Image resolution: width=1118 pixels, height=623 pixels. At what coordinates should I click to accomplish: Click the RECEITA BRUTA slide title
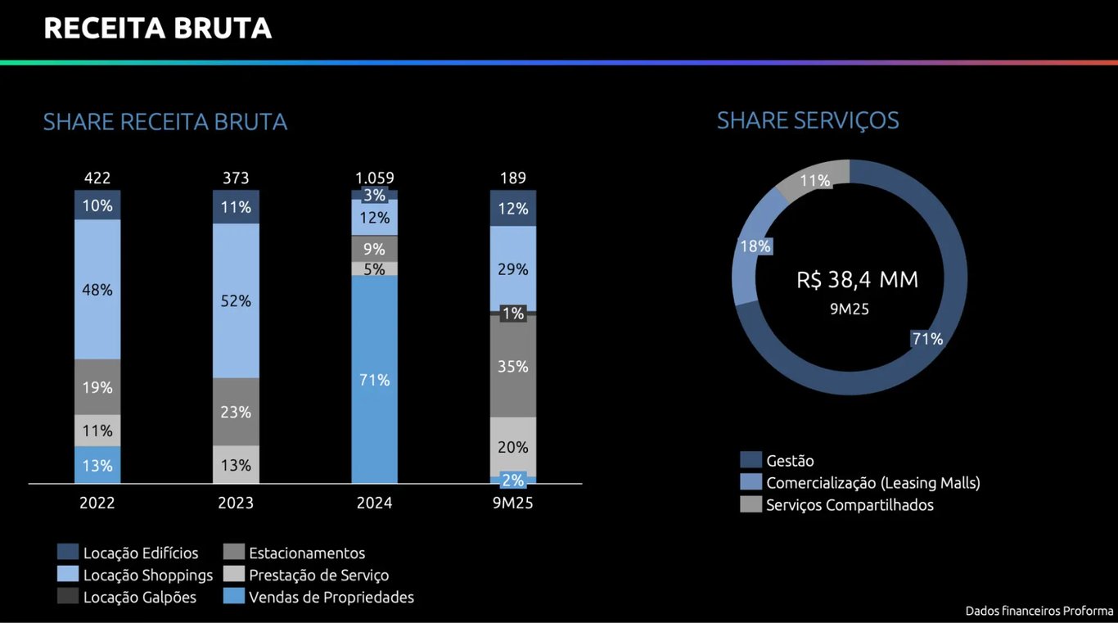point(157,29)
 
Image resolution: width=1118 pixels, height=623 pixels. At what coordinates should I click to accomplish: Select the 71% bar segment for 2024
point(374,380)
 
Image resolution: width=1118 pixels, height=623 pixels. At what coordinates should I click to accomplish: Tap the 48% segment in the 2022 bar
point(97,290)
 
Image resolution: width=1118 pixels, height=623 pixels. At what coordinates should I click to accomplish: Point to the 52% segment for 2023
point(236,301)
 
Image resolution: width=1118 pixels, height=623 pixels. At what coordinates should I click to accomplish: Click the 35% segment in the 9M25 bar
point(513,367)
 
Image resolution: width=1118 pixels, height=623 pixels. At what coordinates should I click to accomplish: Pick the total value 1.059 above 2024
point(374,178)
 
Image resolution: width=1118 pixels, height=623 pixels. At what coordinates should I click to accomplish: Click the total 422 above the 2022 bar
point(97,178)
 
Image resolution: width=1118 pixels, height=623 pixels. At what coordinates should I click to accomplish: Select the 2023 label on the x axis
point(236,503)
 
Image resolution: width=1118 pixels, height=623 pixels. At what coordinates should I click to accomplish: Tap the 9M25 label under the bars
point(513,503)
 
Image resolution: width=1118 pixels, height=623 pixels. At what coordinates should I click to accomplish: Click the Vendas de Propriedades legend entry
point(331,598)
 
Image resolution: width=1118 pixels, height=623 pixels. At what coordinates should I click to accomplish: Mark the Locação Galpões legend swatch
point(69,597)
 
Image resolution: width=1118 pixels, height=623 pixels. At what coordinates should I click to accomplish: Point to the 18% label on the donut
point(755,246)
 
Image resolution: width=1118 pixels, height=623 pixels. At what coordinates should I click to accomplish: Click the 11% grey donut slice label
point(815,181)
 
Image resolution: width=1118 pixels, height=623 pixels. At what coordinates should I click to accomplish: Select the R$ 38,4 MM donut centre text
point(857,280)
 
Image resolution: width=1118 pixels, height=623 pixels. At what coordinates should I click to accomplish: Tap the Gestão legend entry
point(790,461)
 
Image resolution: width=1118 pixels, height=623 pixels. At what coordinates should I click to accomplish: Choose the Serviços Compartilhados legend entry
point(849,505)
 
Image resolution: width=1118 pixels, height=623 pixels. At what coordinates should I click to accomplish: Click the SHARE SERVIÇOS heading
point(808,120)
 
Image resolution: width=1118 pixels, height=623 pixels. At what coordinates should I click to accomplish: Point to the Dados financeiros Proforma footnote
point(1039,611)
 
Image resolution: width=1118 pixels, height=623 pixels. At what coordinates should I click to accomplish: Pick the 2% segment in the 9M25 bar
point(513,481)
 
